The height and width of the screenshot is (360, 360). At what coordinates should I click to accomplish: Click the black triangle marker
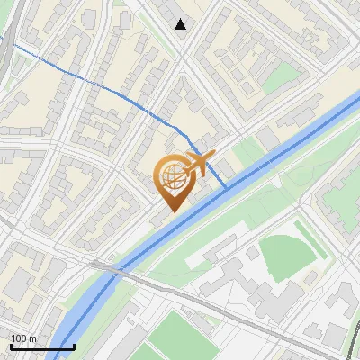click(x=181, y=24)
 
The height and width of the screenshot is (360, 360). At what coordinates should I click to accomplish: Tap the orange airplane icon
click(x=199, y=163)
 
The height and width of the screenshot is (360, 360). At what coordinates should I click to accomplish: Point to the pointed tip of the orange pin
click(x=171, y=211)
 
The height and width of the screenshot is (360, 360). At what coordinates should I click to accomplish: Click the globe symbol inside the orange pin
click(x=171, y=176)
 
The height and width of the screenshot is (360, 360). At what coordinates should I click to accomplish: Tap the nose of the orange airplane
click(x=214, y=155)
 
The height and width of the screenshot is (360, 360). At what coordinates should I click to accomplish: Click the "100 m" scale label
click(x=23, y=338)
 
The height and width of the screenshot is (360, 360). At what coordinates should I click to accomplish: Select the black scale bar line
click(x=42, y=346)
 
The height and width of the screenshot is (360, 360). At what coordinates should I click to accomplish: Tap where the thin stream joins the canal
click(x=225, y=186)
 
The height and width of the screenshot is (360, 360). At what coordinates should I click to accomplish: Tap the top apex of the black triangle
click(x=181, y=19)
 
